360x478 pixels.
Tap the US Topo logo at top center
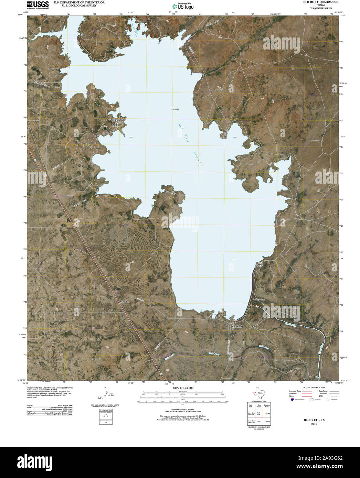183,6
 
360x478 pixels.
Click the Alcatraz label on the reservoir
175,109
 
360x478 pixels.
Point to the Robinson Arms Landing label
116,123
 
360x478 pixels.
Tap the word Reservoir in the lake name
198,159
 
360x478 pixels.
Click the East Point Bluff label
171,193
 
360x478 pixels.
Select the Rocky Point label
260,264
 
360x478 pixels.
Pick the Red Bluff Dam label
258,300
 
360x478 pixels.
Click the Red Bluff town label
237,326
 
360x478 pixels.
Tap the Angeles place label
125,302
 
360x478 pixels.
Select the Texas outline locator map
258,393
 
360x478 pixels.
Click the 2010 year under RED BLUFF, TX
314,424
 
